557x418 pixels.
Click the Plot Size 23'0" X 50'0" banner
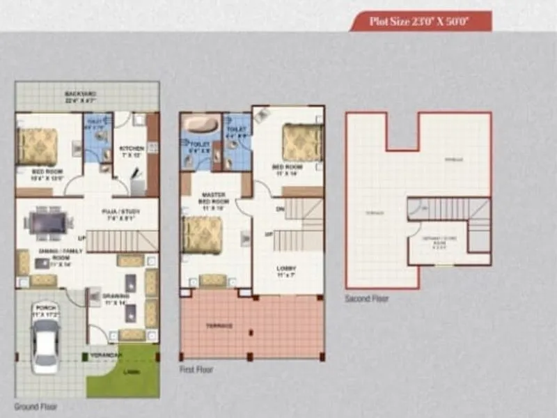point(421,21)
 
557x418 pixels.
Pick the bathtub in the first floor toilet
point(199,128)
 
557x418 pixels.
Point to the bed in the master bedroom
point(203,235)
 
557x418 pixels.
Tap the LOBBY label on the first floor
point(286,268)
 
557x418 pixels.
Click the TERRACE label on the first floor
point(219,326)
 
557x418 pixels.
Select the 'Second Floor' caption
point(367,298)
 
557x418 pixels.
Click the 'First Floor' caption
point(197,369)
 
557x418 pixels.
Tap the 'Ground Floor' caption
point(36,405)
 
